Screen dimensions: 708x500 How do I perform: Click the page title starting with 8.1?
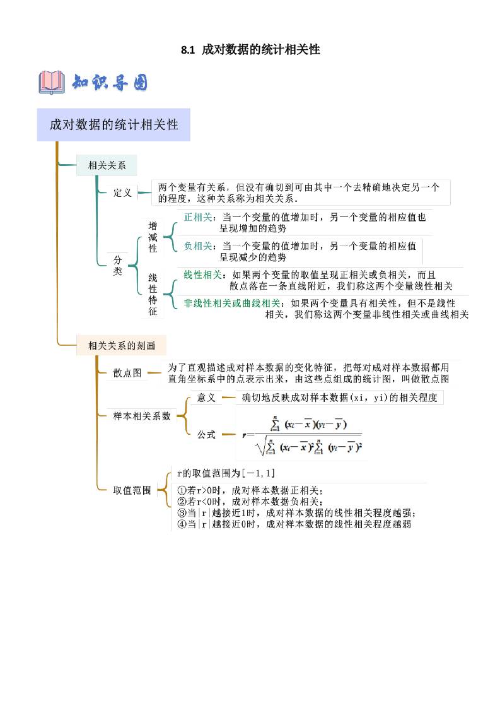click(250, 50)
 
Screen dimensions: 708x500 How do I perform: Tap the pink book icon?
click(52, 83)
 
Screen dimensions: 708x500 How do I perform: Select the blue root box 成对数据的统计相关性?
click(113, 124)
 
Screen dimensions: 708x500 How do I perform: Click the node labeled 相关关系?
click(107, 166)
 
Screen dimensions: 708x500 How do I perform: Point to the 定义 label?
click(122, 193)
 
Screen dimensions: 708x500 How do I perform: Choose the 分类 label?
click(118, 265)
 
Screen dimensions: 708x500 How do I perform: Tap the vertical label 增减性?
click(153, 237)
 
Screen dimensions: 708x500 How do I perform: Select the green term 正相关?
click(197, 217)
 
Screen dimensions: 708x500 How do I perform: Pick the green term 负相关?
click(197, 245)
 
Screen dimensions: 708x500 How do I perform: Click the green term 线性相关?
click(202, 274)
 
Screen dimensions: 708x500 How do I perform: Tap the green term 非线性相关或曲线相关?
click(231, 303)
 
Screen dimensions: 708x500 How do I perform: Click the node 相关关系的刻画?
click(121, 345)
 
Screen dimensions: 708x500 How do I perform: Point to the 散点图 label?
click(127, 373)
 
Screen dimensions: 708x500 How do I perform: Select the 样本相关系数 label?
click(142, 416)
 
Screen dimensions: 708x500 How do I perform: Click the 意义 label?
click(206, 398)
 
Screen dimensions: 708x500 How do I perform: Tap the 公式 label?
click(206, 434)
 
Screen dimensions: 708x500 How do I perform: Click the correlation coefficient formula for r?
click(302, 434)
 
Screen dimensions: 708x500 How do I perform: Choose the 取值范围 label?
click(132, 490)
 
